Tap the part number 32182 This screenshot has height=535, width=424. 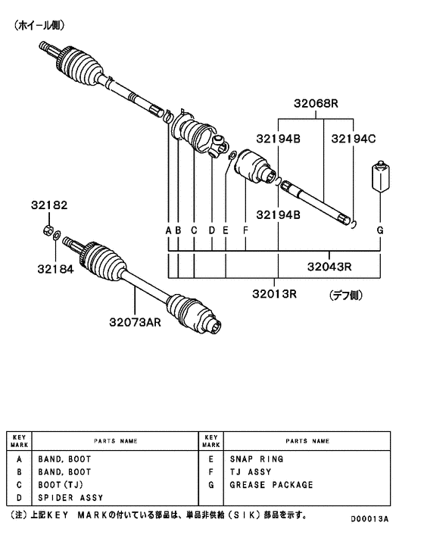click(49, 205)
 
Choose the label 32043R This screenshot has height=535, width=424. click(330, 266)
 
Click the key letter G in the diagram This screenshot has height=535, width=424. click(379, 229)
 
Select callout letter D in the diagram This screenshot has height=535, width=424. click(211, 229)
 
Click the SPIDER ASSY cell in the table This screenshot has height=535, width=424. click(70, 498)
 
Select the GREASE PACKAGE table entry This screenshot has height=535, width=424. click(270, 485)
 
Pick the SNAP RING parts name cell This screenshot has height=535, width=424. click(257, 459)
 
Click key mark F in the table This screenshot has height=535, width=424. click(210, 472)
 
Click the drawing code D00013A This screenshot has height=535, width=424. click(369, 519)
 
